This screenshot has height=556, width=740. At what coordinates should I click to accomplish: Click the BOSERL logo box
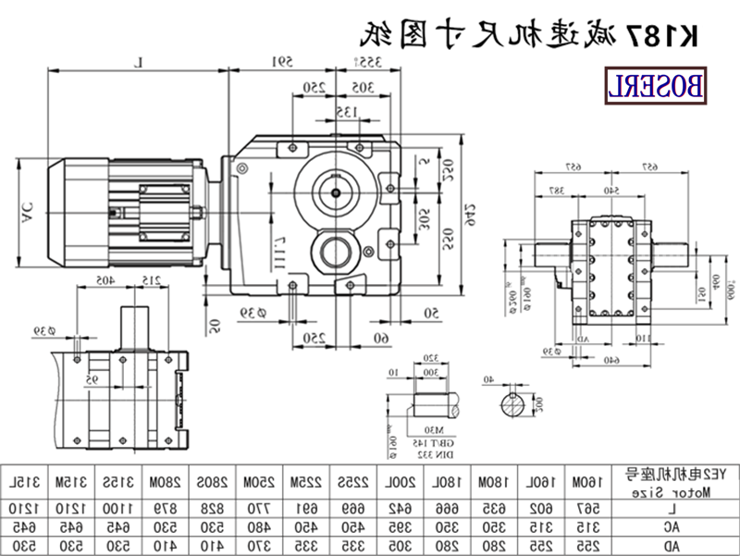(658, 86)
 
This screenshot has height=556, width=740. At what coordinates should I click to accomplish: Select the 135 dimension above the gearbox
(344, 113)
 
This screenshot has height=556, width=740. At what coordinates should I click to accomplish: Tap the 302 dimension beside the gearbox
(423, 220)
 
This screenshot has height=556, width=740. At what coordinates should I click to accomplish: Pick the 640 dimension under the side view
(610, 360)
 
